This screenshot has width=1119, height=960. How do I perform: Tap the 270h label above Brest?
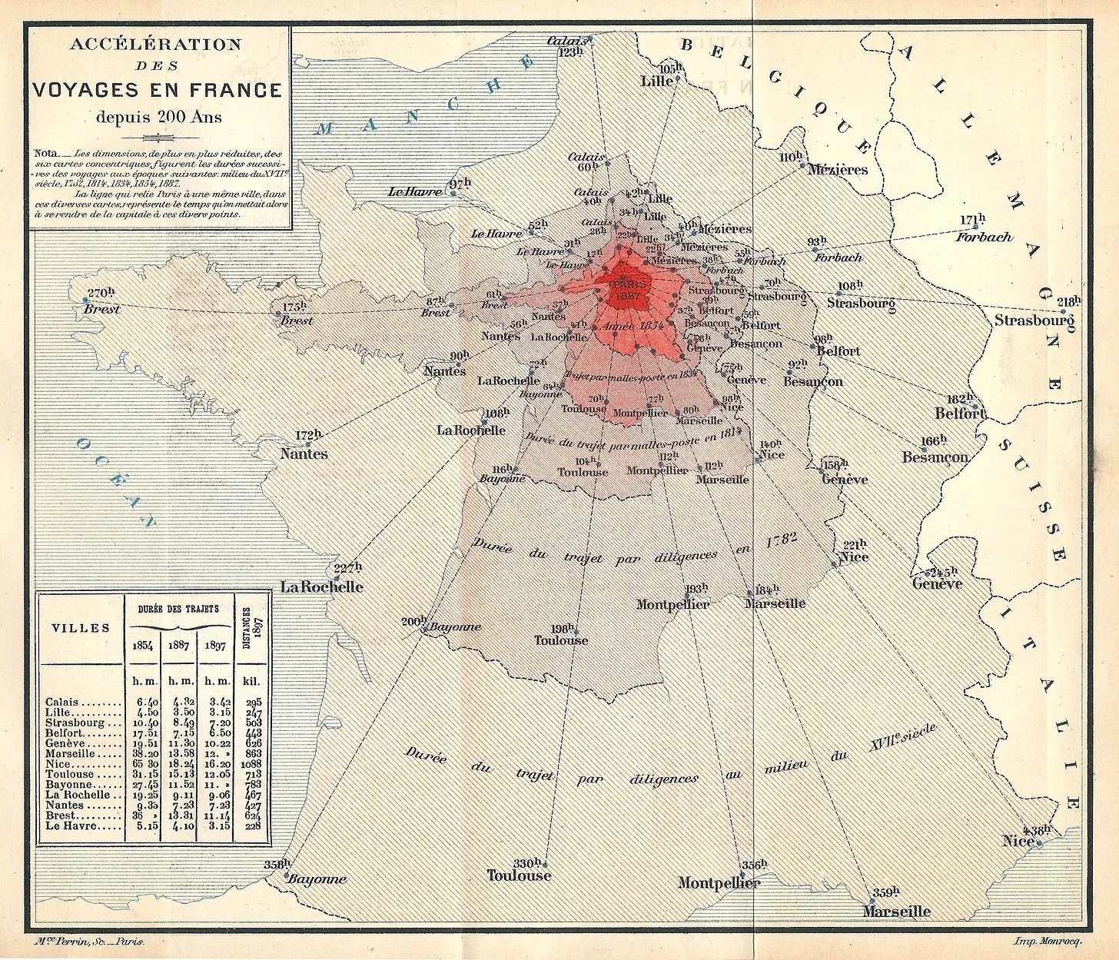pos(101,292)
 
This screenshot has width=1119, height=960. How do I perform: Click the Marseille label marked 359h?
pos(896,912)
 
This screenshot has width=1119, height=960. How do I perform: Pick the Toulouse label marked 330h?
pos(519,875)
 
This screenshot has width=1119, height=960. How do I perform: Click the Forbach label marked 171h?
pos(984,237)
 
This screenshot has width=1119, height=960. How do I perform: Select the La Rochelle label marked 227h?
pos(321,586)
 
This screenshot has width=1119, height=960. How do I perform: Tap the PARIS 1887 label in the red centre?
pos(627,290)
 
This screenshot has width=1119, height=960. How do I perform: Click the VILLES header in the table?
pos(81,627)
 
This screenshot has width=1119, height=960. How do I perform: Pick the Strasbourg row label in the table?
pos(75,722)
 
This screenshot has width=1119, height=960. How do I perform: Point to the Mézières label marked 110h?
pos(837,170)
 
